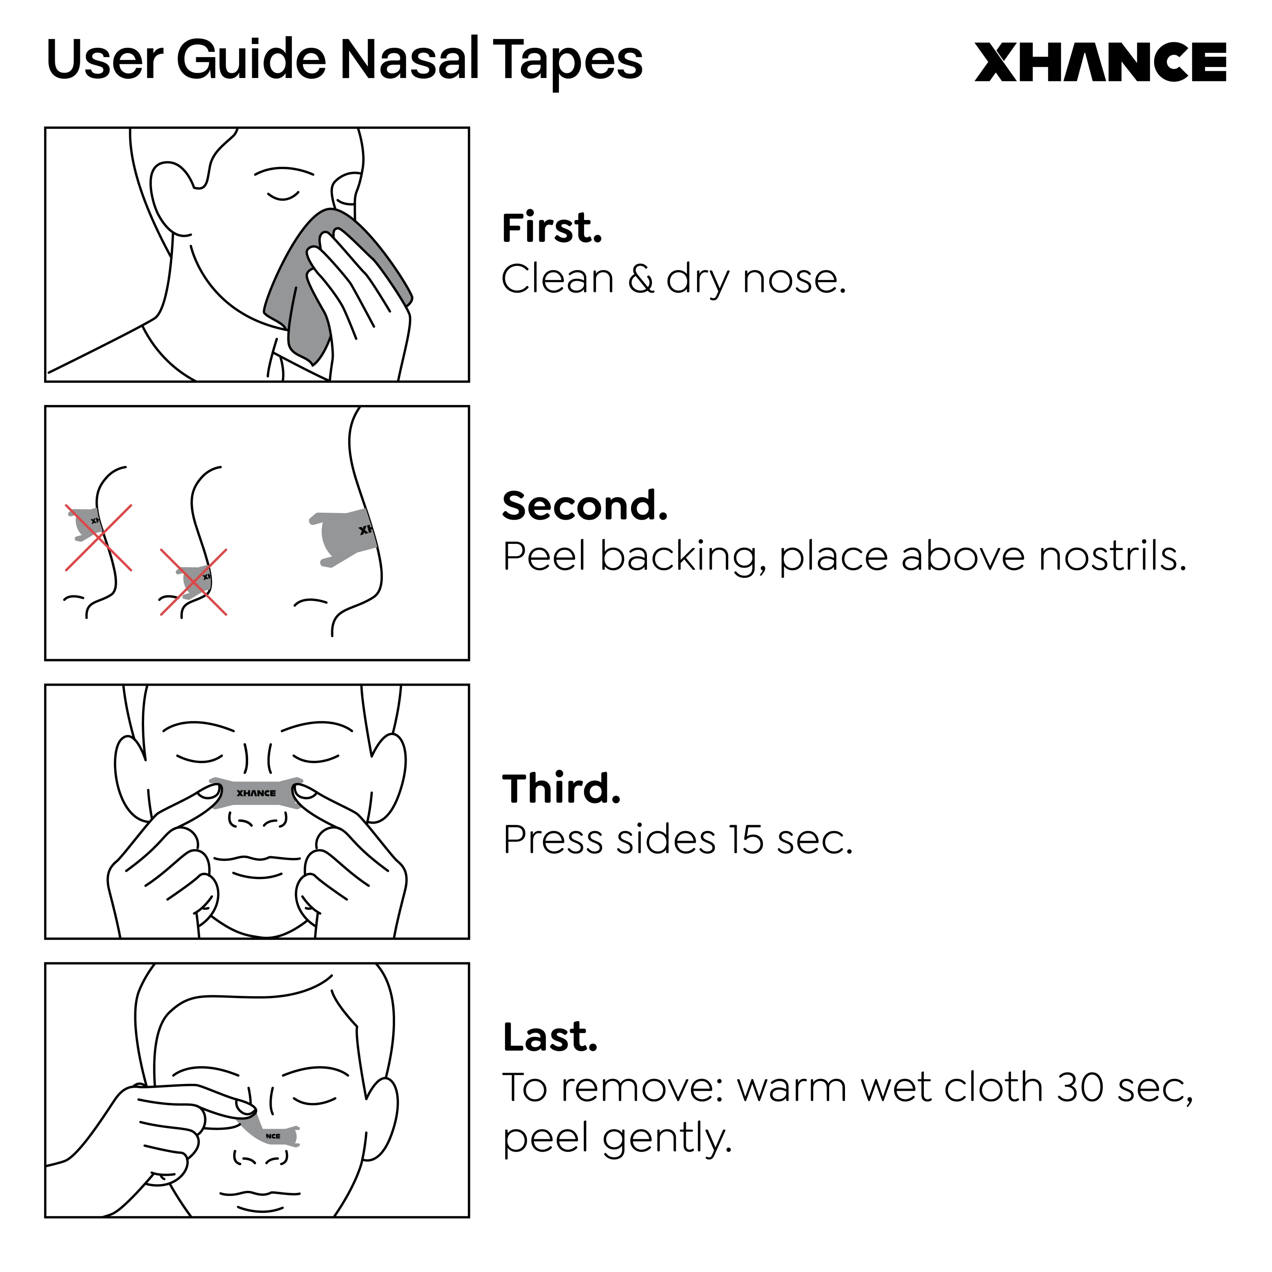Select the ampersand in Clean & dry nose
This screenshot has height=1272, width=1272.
tap(641, 279)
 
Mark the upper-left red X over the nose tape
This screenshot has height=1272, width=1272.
tap(98, 537)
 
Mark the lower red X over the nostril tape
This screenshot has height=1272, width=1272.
tap(193, 582)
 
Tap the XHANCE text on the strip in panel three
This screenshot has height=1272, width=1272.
tap(256, 793)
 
